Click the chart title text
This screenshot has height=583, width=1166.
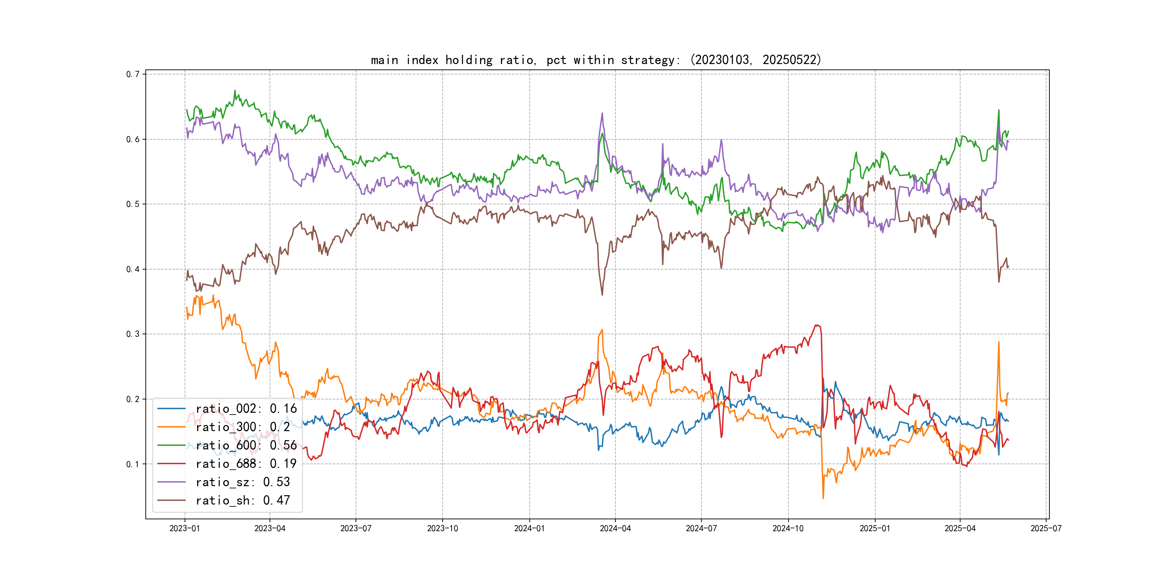coord(596,60)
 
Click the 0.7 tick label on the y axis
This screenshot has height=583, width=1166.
coord(133,74)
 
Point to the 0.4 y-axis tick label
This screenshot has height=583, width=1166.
coord(133,269)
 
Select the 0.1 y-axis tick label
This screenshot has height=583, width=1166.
coord(133,464)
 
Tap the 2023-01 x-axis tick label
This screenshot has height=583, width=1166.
coord(185,529)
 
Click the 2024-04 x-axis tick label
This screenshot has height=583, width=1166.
coord(615,529)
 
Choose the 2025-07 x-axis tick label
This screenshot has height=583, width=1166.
coord(1046,529)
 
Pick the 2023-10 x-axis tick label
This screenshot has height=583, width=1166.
coord(443,529)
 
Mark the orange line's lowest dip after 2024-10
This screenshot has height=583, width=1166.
coord(823,498)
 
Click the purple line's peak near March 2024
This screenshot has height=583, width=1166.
coord(602,114)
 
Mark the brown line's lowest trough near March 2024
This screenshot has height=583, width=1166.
coord(602,295)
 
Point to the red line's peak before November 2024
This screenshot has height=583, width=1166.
coord(817,325)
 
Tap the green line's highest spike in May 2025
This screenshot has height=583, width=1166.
coord(999,110)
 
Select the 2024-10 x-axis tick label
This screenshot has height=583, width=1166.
coord(788,529)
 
